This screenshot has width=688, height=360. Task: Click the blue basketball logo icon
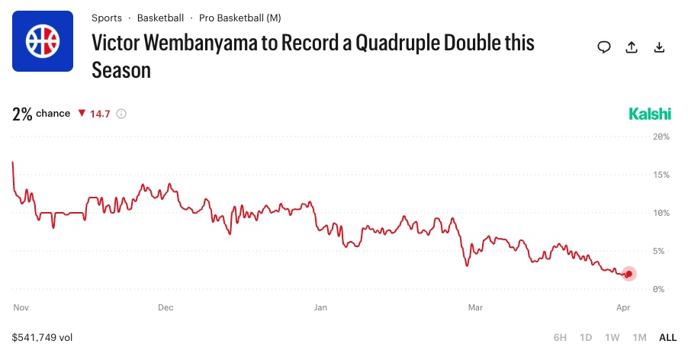coord(43,41)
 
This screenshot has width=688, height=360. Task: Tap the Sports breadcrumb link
coord(106,18)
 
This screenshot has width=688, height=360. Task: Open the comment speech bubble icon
coord(604,47)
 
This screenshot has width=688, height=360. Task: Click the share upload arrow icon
coord(632,47)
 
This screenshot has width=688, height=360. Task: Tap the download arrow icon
coord(660,47)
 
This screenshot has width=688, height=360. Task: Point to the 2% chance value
coord(22,114)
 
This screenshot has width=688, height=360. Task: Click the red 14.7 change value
coord(100,114)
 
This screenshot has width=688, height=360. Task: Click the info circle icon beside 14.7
coord(121,114)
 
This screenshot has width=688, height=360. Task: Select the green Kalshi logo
coord(650,114)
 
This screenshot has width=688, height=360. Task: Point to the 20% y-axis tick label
coord(661,137)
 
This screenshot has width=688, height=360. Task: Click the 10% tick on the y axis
coord(661,213)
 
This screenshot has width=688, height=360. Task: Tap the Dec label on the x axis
coord(166,308)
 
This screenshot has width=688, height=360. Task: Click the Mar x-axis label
coord(475,308)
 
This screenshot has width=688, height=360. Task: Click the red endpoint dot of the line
coord(629,275)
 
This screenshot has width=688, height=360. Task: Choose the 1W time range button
coord(612,337)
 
